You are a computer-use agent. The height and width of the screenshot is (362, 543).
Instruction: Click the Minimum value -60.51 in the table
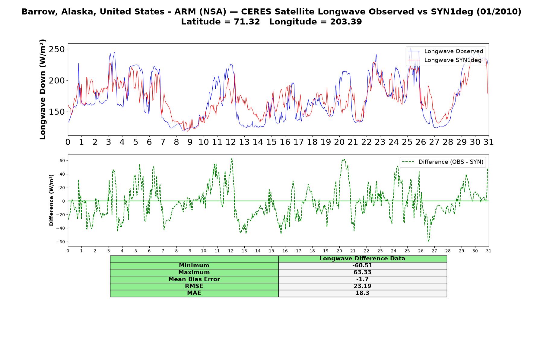[362, 265]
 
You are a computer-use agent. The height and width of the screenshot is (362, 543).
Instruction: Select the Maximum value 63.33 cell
[362, 272]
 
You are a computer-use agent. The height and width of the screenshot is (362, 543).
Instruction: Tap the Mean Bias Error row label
[194, 279]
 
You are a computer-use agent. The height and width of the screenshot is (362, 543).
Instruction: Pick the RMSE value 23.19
[362, 286]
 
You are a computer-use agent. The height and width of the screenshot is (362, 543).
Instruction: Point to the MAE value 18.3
[362, 293]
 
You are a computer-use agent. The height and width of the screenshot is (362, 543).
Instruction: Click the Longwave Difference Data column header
[362, 259]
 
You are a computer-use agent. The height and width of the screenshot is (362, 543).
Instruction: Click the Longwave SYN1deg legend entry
[445, 60]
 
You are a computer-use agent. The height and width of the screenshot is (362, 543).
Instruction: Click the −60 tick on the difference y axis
[60, 242]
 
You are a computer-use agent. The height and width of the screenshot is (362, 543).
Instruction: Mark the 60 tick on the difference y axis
[62, 161]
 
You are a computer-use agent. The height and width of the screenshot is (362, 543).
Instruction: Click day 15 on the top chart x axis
[271, 142]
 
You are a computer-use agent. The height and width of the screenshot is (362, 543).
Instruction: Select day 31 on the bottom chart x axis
[489, 251]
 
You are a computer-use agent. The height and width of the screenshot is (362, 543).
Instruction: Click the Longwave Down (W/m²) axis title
[43, 89]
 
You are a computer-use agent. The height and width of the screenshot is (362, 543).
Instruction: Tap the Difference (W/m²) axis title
[51, 200]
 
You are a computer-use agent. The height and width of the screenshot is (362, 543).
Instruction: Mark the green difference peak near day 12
[232, 158]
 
